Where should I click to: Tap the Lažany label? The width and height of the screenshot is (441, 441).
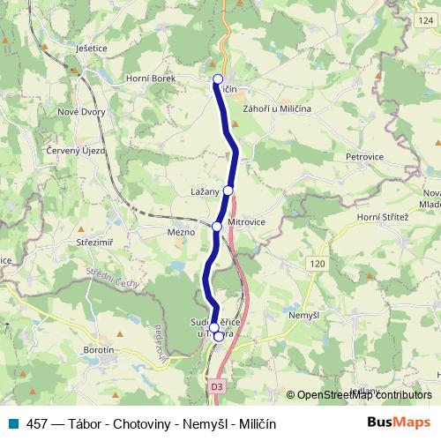(204, 191)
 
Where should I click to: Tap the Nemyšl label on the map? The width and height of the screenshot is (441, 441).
(304, 314)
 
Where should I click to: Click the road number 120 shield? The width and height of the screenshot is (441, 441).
(318, 263)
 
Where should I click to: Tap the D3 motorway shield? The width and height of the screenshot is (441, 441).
(217, 385)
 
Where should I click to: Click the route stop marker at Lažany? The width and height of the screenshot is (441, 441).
(228, 190)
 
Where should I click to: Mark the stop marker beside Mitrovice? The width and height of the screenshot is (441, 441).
(217, 227)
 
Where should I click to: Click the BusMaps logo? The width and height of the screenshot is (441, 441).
(398, 422)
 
